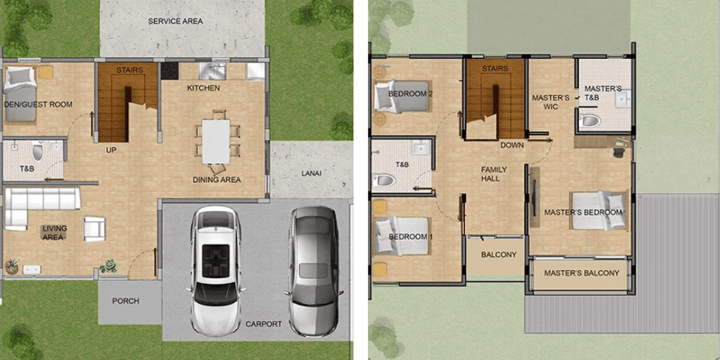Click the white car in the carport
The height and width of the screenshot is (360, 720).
[215, 271]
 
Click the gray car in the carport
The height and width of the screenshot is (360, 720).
[314, 271]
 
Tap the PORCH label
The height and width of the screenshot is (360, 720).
[125, 301]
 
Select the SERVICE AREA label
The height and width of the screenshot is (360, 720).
[175, 21]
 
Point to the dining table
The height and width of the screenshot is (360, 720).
[216, 141]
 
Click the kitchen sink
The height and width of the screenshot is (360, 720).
[212, 71]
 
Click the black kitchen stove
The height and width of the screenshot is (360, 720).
[169, 71]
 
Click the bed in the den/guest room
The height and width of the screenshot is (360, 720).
[19, 94]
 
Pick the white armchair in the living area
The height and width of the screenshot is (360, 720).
[94, 229]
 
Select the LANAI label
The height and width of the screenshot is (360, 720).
[311, 174]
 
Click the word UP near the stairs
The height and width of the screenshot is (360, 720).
[111, 149]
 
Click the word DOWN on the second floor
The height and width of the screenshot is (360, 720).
[512, 145]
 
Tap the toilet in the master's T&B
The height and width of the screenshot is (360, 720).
[590, 121]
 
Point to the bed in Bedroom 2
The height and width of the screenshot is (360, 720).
[402, 96]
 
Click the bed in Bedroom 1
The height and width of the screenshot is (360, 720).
[402, 236]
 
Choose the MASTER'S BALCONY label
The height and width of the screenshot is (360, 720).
[582, 273]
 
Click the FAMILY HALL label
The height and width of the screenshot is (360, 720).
[494, 174]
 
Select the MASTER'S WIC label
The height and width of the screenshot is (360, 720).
[551, 102]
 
